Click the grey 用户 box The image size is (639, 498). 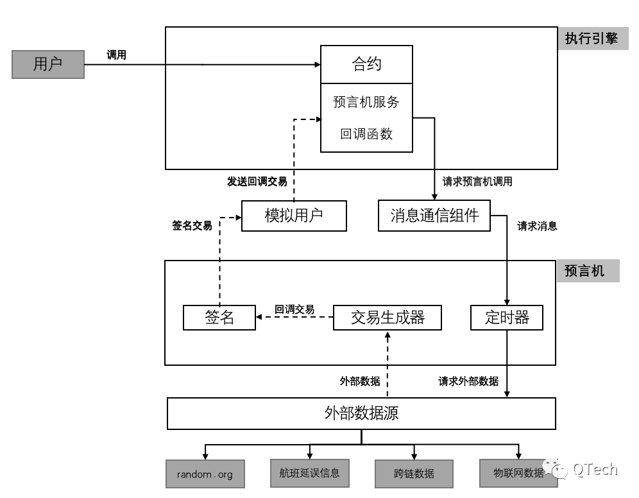pos(48,65)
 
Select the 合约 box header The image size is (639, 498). pos(366,64)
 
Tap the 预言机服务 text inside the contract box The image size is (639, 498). pos(366,101)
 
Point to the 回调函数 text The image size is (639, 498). pos(366,134)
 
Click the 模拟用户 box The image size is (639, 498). pos(294,216)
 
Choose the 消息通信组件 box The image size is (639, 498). pos(434,216)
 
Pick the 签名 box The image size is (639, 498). pos(219,318)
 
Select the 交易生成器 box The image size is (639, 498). pos(388,318)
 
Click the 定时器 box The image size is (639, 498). pos(507,318)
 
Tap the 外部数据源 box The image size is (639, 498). pos(361,413)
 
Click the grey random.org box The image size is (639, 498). pos(205,475)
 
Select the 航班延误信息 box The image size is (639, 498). pos(309,474)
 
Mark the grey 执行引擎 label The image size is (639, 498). pos(591,39)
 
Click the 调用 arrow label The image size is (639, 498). pos(116,55)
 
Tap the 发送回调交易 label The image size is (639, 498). pos(257,182)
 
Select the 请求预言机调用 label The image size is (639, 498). pos(477,182)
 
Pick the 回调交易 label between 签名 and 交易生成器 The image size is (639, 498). pos(294,309)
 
